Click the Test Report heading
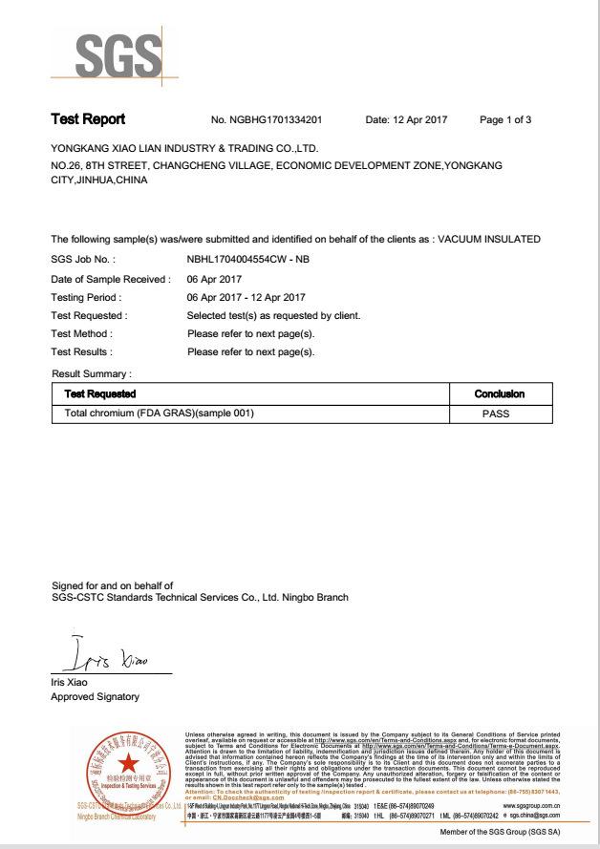88,120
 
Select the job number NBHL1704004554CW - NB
255,259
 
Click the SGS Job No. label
83,259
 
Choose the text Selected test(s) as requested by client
274,315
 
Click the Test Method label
81,333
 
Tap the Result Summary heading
92,373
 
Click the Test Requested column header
99,393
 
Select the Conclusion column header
499,393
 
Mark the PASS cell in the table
497,414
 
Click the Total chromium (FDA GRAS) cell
159,414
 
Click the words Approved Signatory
94,696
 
